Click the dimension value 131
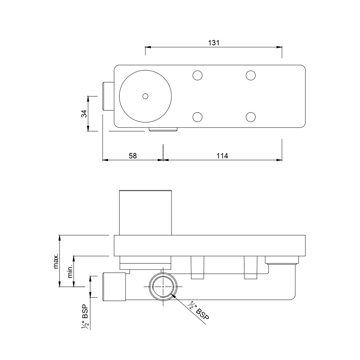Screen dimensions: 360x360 pyautogui.click(x=213, y=43)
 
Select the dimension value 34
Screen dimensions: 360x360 pyautogui.click(x=84, y=114)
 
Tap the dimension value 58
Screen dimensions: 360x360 pyautogui.click(x=133, y=156)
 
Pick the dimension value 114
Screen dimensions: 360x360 pyautogui.click(x=222, y=156)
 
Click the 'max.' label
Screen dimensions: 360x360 pyautogui.click(x=56, y=261)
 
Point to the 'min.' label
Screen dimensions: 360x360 pyautogui.click(x=70, y=271)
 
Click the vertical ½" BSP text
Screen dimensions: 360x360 pyautogui.click(x=85, y=317)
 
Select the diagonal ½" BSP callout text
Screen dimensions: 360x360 pyautogui.click(x=198, y=310)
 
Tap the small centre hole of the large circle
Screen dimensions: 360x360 pyautogui.click(x=145, y=96)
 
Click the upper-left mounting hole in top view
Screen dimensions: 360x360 pyautogui.click(x=197, y=75)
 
